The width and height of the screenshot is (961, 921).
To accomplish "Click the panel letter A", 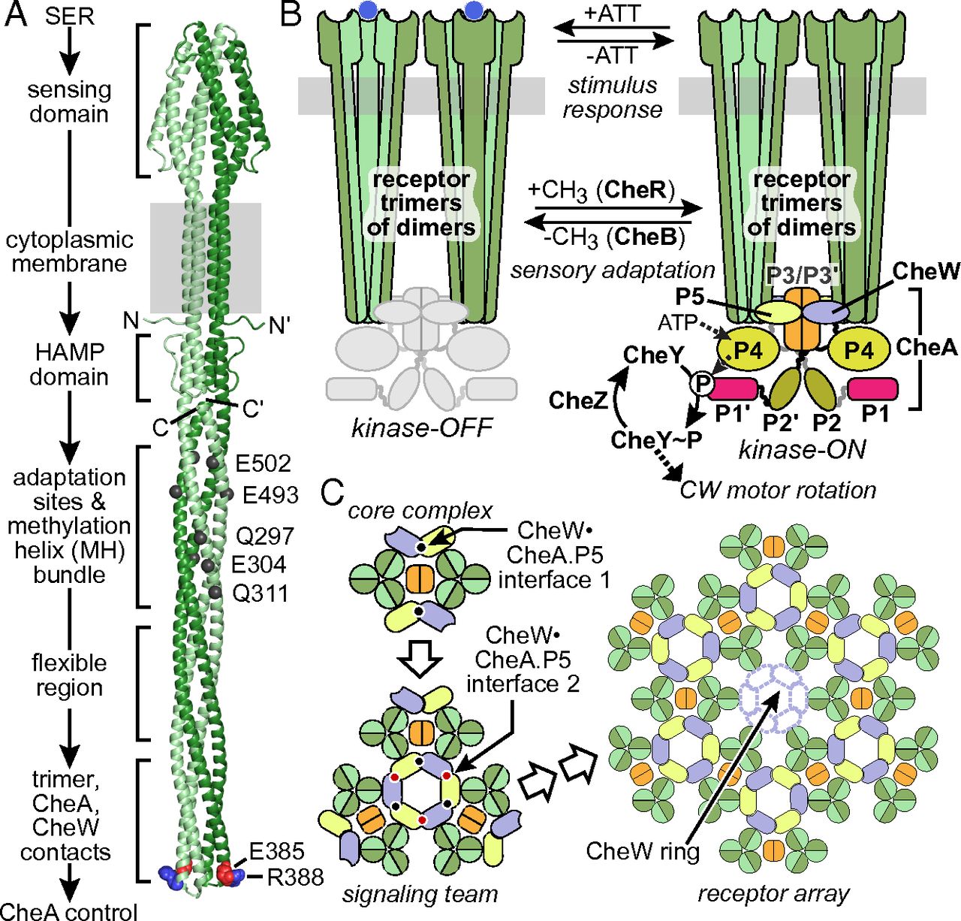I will tap(17, 14).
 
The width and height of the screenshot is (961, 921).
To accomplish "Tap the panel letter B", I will tap(290, 14).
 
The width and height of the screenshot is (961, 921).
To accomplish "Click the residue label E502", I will tap(262, 464).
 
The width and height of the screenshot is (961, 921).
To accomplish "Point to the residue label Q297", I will tap(264, 536).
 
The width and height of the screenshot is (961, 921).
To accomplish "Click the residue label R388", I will tap(296, 877).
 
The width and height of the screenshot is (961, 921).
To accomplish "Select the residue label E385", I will tap(277, 851).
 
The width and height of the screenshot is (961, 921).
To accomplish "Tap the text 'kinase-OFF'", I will tap(422, 427).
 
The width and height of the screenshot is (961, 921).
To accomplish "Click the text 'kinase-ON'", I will tap(802, 449).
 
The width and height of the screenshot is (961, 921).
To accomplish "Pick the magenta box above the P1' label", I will tap(731, 388).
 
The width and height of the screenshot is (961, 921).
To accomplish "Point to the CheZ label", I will tap(577, 400).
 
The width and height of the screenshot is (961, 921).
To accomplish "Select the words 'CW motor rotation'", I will tap(778, 491).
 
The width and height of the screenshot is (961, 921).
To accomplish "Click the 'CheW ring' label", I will tap(643, 851).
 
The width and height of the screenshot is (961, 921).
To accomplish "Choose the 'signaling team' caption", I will tap(420, 894).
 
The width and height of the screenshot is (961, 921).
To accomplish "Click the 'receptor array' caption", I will tap(773, 894).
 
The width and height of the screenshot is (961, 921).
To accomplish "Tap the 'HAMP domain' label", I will tap(69, 364).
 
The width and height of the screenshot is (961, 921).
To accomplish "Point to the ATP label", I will tap(676, 323).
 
